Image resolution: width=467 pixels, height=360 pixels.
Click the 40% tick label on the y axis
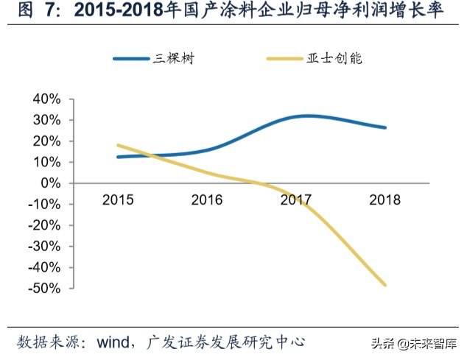click(x=47, y=99)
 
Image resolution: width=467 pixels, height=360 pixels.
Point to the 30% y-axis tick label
click(x=47, y=120)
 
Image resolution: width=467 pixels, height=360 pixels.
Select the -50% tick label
click(x=44, y=288)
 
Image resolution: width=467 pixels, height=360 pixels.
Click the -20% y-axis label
click(x=44, y=225)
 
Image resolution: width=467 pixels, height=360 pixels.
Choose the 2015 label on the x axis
click(x=118, y=200)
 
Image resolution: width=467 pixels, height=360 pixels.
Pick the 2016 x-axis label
click(x=207, y=200)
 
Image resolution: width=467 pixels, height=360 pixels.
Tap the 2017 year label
click(x=296, y=200)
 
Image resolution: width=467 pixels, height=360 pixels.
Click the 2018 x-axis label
click(x=385, y=200)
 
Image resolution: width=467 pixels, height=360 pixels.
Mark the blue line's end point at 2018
click(x=385, y=127)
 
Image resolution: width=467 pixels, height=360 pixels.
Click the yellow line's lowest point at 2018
click(x=385, y=284)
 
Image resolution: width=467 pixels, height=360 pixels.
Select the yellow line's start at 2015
click(x=118, y=145)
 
